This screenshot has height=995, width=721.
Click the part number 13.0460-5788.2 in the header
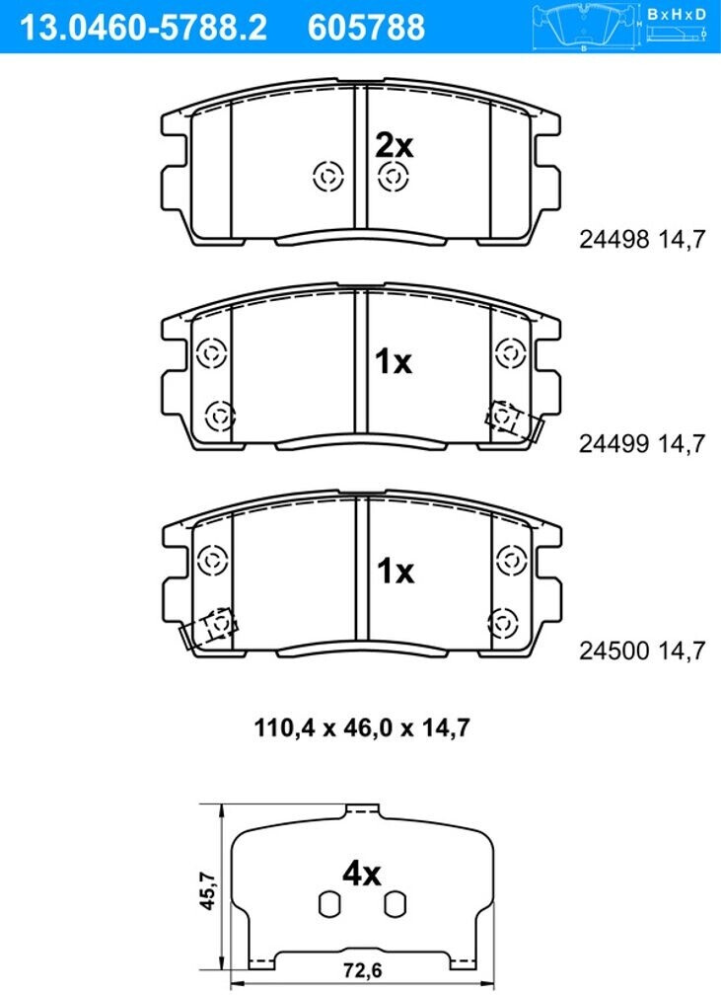coord(144,28)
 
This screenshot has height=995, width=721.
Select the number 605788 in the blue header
coord(366,28)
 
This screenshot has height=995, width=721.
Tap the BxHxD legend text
coord(676,15)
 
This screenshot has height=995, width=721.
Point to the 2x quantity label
coord(394,146)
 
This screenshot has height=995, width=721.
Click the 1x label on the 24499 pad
coord(394,361)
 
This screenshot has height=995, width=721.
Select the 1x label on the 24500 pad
coord(396,572)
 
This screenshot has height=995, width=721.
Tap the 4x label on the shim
coord(361,874)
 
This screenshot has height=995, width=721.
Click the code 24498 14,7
coord(642,239)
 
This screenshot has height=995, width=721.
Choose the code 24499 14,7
coord(642,443)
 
